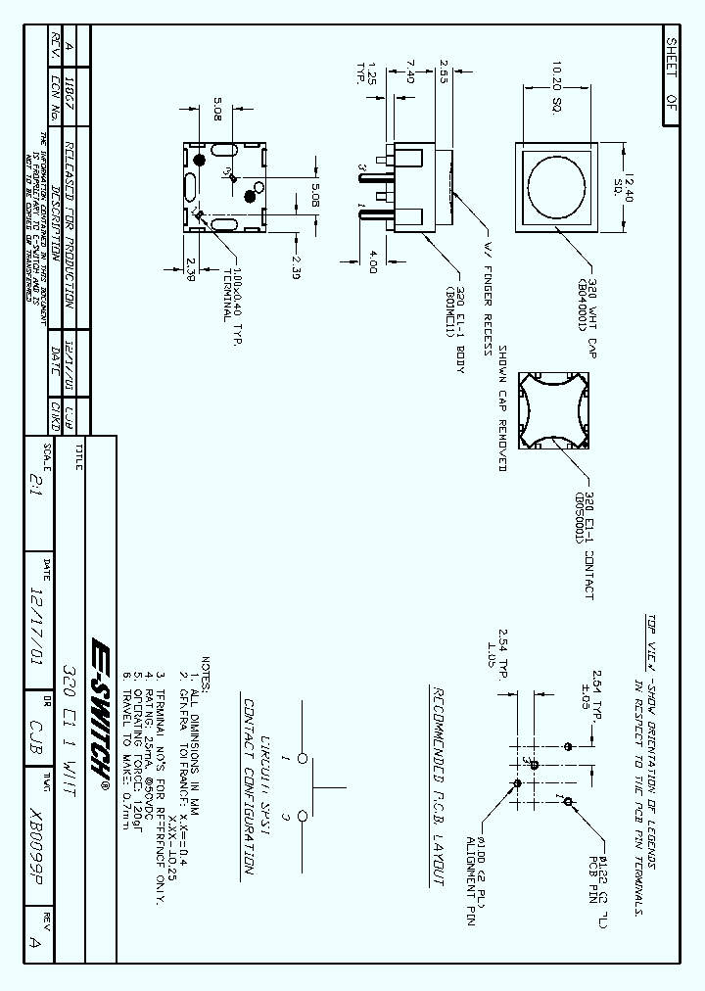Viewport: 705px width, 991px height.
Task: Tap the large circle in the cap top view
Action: click(x=556, y=183)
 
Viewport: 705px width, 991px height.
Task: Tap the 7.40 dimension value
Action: click(x=409, y=71)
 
